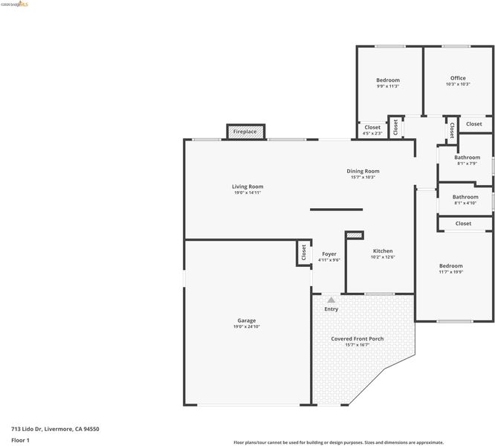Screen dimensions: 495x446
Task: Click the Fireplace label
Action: (245, 132)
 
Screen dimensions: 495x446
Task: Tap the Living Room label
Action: (247, 187)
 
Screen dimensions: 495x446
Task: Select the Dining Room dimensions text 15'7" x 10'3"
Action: (363, 177)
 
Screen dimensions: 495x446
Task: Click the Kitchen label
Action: (383, 251)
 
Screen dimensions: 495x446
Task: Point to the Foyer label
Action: (329, 253)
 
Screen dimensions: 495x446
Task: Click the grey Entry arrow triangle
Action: (331, 300)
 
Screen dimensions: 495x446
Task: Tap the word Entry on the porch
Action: (331, 309)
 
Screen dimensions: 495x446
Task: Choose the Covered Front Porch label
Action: (357, 339)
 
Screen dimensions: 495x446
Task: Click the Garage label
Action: (247, 320)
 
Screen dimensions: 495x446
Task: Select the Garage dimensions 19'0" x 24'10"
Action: (247, 326)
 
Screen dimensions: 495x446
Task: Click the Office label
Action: (458, 78)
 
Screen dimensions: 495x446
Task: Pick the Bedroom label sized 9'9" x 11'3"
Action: (388, 80)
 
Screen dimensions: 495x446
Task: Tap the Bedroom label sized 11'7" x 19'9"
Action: (451, 266)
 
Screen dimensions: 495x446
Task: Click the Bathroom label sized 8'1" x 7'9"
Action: (467, 157)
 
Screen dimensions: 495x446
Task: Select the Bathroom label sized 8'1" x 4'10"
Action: (465, 197)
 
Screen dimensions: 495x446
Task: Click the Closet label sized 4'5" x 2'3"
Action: (372, 127)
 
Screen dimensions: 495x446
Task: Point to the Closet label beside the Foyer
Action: (304, 253)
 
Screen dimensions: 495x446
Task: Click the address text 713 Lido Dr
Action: (27, 429)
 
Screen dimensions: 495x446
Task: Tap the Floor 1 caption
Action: (20, 440)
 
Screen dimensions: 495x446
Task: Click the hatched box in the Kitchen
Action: (355, 235)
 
